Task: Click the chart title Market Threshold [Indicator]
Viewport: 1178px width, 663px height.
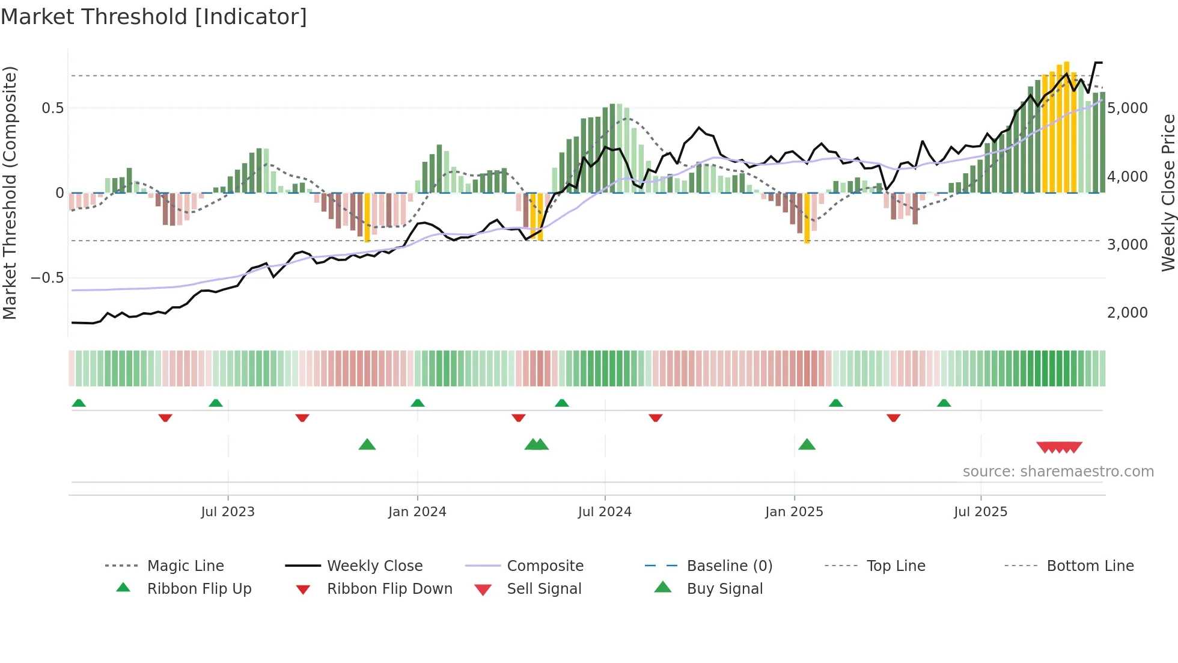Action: pyautogui.click(x=154, y=17)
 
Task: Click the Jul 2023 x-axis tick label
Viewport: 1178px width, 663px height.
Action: pyautogui.click(x=228, y=512)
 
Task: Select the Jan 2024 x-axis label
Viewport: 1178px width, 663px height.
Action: pyautogui.click(x=417, y=512)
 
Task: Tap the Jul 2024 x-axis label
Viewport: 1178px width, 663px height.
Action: pyautogui.click(x=605, y=512)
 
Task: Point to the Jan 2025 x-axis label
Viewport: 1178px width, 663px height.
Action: pyautogui.click(x=794, y=512)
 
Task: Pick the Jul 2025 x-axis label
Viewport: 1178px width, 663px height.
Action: pyautogui.click(x=980, y=512)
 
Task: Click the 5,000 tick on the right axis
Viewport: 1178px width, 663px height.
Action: pyautogui.click(x=1128, y=108)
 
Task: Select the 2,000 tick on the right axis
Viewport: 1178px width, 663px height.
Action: pyautogui.click(x=1128, y=313)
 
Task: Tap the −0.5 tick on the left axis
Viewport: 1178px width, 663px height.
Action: pyautogui.click(x=47, y=278)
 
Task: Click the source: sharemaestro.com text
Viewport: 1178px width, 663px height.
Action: pyautogui.click(x=1058, y=472)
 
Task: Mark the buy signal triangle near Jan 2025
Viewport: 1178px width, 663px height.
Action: pyautogui.click(x=807, y=445)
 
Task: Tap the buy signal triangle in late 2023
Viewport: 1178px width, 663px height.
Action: pyautogui.click(x=367, y=445)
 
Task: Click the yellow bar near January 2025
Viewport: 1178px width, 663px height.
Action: pyautogui.click(x=807, y=218)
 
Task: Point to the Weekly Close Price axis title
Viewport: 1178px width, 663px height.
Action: pyautogui.click(x=1168, y=193)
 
